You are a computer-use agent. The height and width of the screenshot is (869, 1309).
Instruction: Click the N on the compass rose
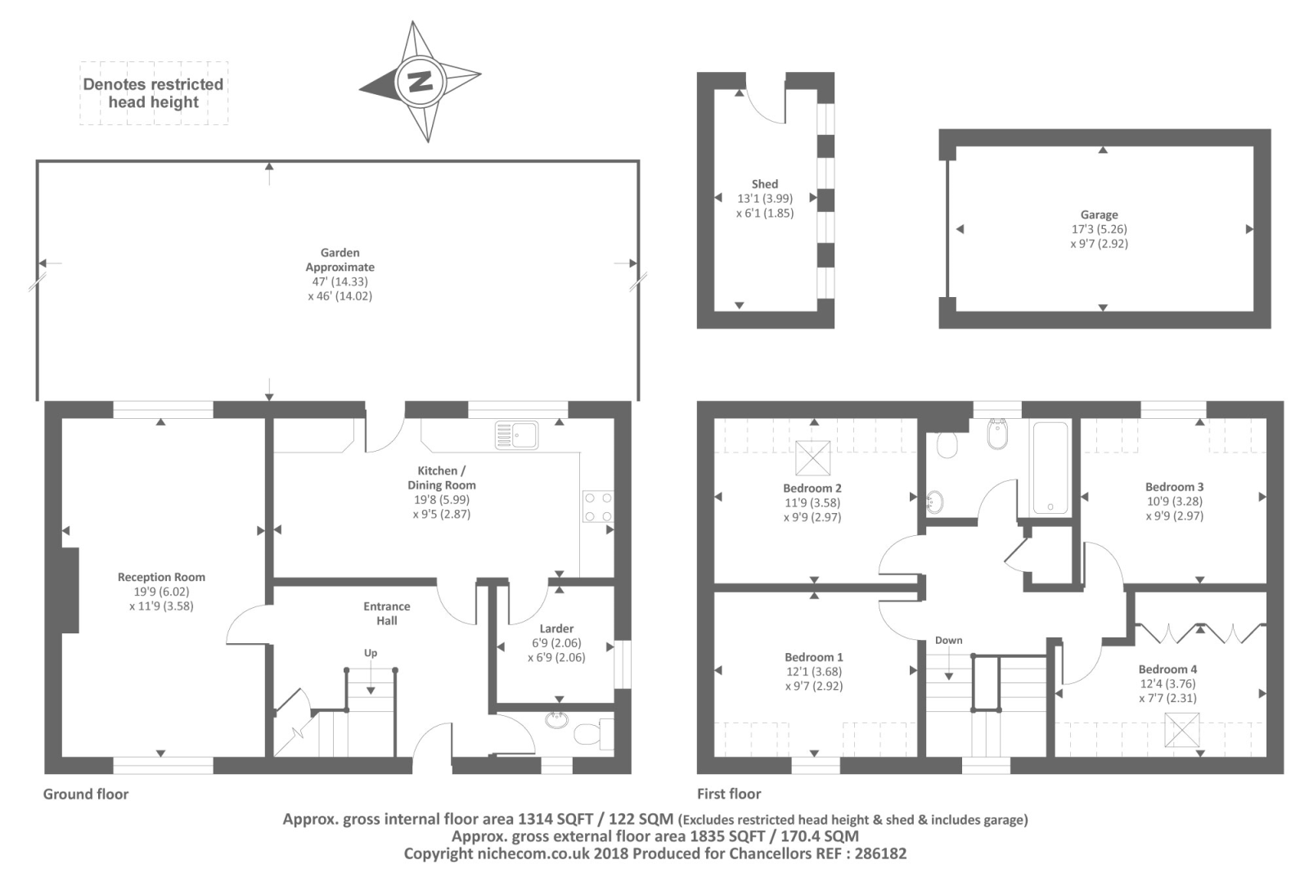(x=420, y=81)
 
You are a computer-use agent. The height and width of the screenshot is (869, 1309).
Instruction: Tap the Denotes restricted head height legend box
(x=153, y=93)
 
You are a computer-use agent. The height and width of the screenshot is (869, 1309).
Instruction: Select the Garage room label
(x=1099, y=214)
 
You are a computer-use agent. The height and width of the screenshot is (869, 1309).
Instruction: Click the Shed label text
(x=764, y=184)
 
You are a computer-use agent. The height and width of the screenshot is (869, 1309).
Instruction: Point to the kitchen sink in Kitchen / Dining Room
(x=516, y=435)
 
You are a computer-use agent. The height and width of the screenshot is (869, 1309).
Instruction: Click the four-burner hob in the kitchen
(x=598, y=507)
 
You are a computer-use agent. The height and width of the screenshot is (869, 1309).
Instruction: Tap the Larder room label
(x=556, y=628)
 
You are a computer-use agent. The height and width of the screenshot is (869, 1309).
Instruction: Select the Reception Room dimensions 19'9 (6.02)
(x=161, y=592)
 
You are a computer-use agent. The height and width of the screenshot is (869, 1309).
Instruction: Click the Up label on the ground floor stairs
(x=371, y=653)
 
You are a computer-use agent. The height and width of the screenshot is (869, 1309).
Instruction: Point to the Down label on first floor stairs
(x=948, y=640)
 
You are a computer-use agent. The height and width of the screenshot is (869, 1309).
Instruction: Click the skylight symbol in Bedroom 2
(x=812, y=458)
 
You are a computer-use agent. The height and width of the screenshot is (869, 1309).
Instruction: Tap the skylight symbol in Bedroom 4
(x=1182, y=730)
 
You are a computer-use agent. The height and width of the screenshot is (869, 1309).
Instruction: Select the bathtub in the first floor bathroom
(x=1050, y=467)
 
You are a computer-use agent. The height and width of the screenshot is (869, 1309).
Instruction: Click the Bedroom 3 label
(x=1174, y=487)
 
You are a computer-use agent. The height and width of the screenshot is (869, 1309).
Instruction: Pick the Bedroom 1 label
(x=813, y=657)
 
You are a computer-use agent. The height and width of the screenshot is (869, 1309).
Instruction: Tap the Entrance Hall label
(x=387, y=613)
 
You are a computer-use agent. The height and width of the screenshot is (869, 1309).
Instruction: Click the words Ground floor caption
(x=86, y=794)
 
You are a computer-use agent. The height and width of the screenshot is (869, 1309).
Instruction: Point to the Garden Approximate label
(x=340, y=259)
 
